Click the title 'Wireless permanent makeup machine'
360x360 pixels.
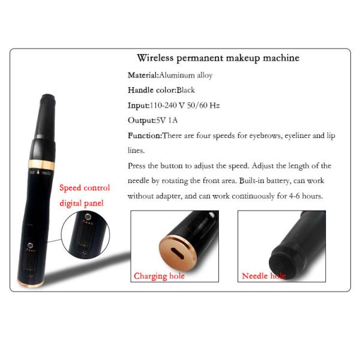click(x=218, y=58)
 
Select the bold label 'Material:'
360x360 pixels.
click(x=143, y=76)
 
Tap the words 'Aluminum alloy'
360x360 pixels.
click(x=185, y=76)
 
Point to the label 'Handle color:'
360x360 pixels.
click(x=152, y=90)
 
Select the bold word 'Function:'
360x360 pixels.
click(x=145, y=136)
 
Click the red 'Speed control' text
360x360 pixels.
click(x=84, y=188)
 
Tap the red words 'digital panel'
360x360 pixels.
click(x=82, y=203)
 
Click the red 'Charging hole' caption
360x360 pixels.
click(x=159, y=276)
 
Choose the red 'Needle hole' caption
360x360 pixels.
click(x=263, y=276)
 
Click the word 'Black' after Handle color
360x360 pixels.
click(x=186, y=90)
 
